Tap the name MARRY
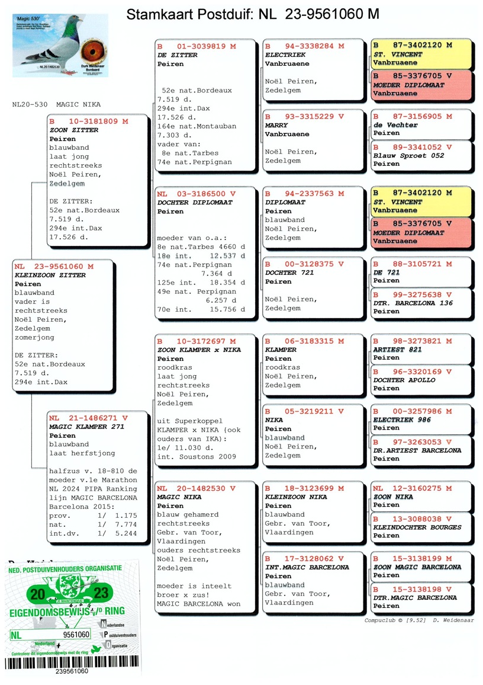[276, 126]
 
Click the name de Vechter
[395, 126]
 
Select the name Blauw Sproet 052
[408, 156]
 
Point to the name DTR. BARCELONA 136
[413, 303]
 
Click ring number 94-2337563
[308, 194]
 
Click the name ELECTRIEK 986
[402, 420]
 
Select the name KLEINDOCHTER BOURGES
[417, 527]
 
